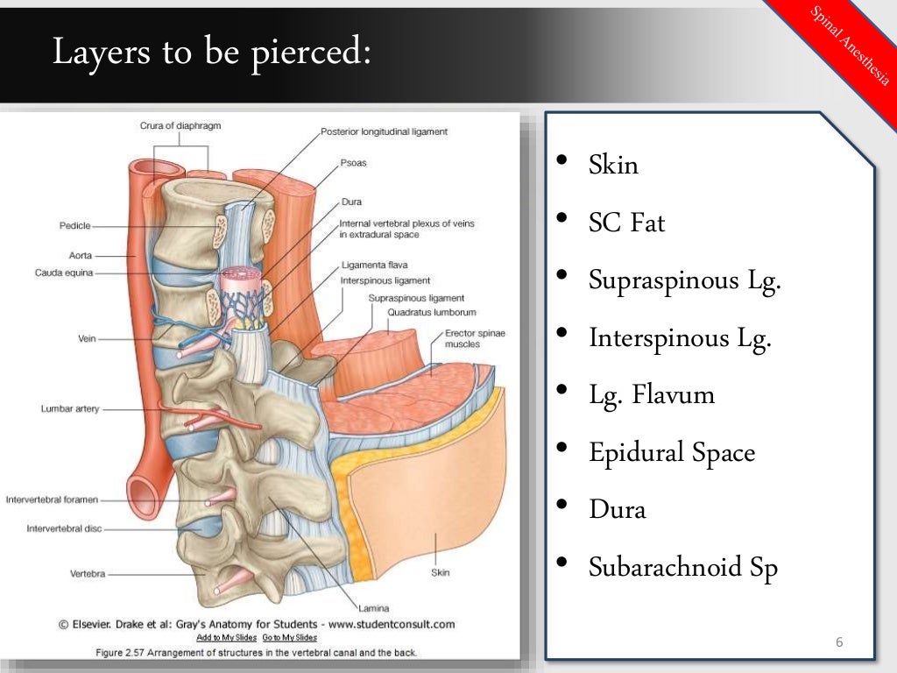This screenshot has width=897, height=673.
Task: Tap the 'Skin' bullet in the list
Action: (x=613, y=165)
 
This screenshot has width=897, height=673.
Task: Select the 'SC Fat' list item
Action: (x=626, y=223)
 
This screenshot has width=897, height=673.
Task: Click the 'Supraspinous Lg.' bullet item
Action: (x=684, y=280)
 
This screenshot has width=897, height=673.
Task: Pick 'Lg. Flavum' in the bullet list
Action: (x=652, y=395)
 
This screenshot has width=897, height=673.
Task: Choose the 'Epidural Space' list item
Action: (x=671, y=453)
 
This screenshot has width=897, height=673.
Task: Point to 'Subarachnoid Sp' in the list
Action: (x=683, y=568)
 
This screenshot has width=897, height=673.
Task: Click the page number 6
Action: (x=838, y=644)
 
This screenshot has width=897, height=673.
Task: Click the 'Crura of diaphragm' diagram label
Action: (x=180, y=126)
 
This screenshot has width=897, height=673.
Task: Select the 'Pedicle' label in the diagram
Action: (x=75, y=225)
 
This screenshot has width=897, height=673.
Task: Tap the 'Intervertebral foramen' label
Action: (x=52, y=500)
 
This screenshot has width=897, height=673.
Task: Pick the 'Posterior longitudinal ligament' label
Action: (x=384, y=131)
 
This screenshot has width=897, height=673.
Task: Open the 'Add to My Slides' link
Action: (x=226, y=637)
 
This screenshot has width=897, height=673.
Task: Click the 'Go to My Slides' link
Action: (x=290, y=637)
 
